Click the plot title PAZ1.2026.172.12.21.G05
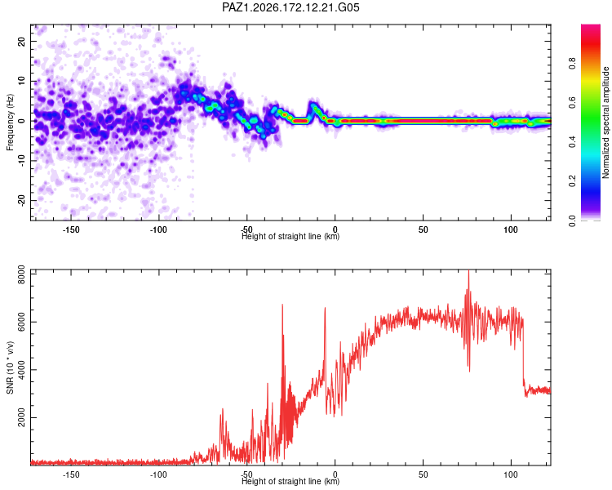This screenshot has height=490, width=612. pyautogui.click(x=290, y=7)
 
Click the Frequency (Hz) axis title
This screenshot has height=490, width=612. pyautogui.click(x=10, y=122)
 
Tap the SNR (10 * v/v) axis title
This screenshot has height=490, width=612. pyautogui.click(x=10, y=367)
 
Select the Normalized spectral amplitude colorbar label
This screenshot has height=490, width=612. pyautogui.click(x=605, y=122)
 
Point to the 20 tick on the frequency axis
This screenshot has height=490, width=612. pyautogui.click(x=21, y=41)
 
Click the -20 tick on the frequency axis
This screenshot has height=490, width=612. pyautogui.click(x=21, y=200)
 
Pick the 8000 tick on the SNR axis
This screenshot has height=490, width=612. pyautogui.click(x=21, y=274)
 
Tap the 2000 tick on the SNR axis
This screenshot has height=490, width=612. pyautogui.click(x=21, y=417)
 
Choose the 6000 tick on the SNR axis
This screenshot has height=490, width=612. pyautogui.click(x=21, y=323)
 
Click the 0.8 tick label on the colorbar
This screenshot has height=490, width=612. pyautogui.click(x=572, y=63)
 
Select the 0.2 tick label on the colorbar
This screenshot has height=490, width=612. pyautogui.click(x=572, y=181)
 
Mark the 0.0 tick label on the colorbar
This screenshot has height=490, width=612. pyautogui.click(x=572, y=220)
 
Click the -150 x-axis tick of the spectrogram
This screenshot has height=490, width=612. pyautogui.click(x=71, y=229)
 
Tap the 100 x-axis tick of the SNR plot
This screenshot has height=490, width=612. pyautogui.click(x=511, y=474)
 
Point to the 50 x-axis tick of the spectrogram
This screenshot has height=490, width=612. pyautogui.click(x=423, y=229)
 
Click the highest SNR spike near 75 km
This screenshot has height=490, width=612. pyautogui.click(x=468, y=271)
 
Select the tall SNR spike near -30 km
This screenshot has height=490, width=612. pyautogui.click(x=282, y=305)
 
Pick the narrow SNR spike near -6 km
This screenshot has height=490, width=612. pyautogui.click(x=325, y=309)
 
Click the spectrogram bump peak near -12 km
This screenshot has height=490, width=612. pyautogui.click(x=313, y=104)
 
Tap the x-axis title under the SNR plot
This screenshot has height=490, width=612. pyautogui.click(x=290, y=481)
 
